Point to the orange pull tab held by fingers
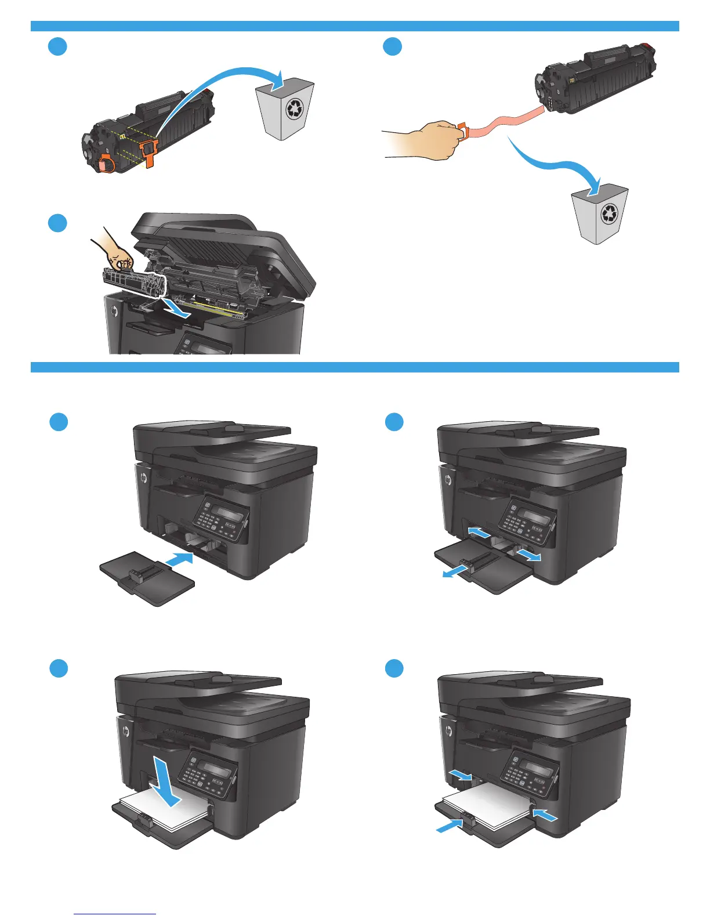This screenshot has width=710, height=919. (463, 131)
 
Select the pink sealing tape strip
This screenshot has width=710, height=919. (504, 121)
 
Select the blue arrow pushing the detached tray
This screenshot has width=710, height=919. (179, 559)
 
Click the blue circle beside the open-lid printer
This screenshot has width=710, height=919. (57, 223)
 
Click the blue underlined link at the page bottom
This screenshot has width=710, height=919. (115, 913)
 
